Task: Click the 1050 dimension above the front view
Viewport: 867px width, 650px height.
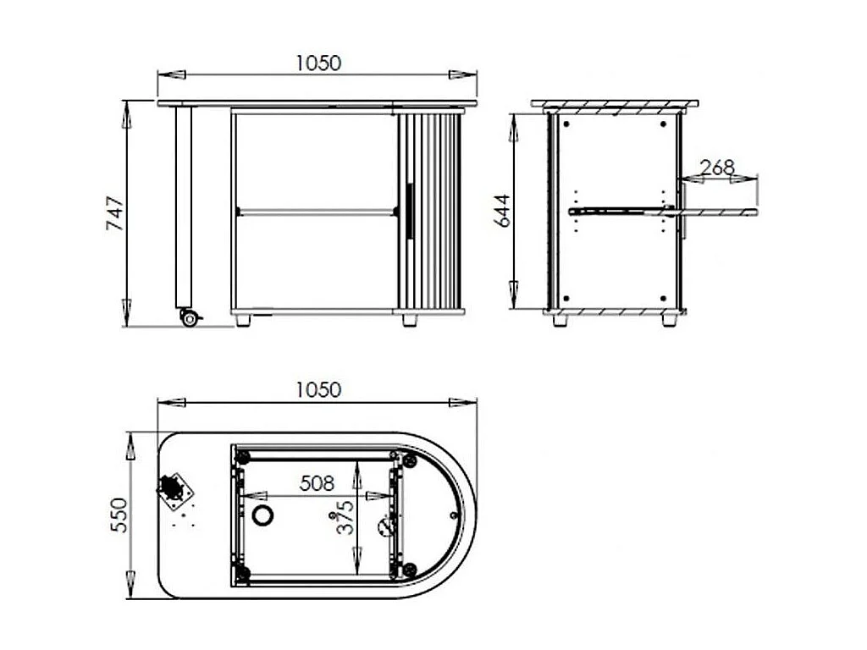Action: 318,63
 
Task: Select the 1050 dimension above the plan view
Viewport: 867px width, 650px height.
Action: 318,390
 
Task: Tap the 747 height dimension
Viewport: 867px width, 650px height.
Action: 115,214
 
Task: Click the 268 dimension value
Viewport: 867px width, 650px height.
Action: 718,168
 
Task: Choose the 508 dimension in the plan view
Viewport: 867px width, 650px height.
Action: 317,483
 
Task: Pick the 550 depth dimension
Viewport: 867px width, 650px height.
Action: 118,515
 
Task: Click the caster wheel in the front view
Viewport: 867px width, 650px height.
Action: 189,318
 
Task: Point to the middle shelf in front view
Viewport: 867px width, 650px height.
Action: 315,210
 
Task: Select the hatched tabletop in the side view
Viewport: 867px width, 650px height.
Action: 615,105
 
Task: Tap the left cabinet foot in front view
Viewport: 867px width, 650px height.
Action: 243,321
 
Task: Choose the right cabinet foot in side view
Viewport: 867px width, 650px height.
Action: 668,321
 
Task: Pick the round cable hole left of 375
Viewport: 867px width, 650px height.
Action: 263,515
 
